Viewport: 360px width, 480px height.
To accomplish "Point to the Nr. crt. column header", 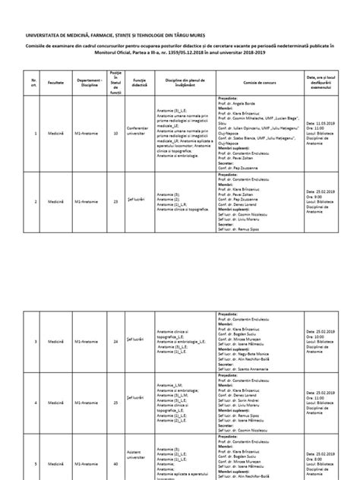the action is [33, 77].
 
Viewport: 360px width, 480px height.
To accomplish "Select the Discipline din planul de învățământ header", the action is [185, 77].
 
